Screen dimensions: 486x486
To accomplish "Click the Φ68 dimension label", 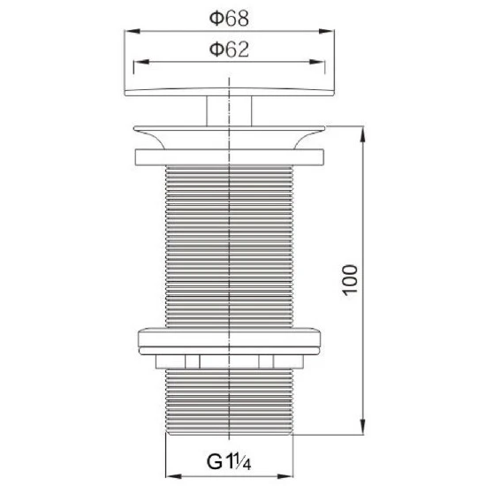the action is pos(229,19).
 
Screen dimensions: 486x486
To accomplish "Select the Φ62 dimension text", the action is pos(229,49).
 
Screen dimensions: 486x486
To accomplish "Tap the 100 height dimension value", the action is pos(351,280).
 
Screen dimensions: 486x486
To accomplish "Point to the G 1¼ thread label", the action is pos(229,461).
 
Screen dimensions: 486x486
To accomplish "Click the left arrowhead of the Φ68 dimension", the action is pos(132,31).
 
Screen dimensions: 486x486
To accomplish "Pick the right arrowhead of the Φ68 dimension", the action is pos(326,31).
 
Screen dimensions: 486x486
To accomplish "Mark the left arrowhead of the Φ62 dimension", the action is pos(141,62).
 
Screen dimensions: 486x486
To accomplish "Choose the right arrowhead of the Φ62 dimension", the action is pos(317,62).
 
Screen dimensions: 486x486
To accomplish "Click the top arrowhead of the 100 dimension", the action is pos(362,134).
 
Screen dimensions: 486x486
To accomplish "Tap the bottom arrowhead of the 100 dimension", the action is pos(362,427).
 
